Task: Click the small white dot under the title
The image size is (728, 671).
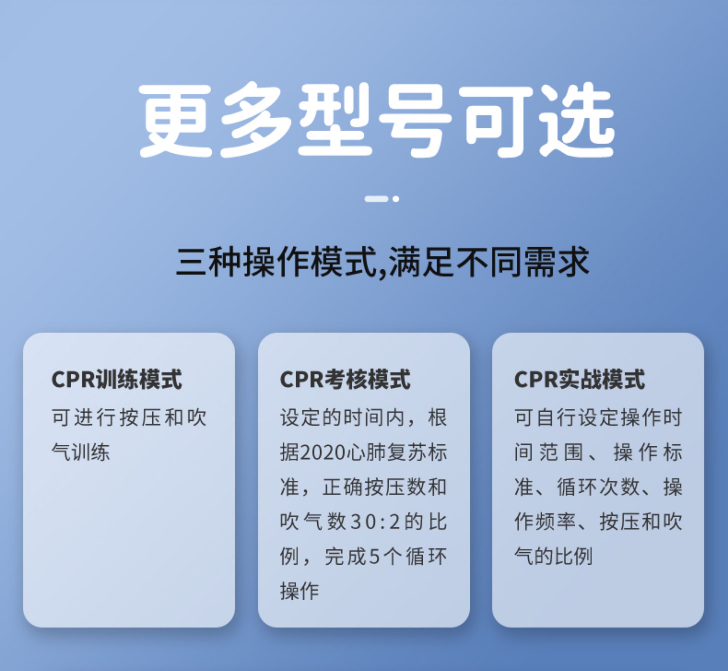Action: [x=396, y=199]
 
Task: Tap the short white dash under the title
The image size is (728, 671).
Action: [x=376, y=199]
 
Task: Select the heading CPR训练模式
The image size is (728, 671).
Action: [x=117, y=380]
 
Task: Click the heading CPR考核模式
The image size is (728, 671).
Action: [x=345, y=380]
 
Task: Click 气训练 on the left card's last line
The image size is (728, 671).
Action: [x=80, y=452]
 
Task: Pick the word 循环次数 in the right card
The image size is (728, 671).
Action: [x=598, y=487]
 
